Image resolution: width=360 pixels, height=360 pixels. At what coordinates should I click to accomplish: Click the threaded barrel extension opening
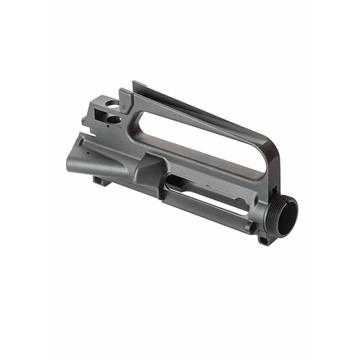click(x=287, y=215)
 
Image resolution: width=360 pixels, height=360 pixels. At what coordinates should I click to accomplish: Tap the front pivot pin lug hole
click(x=264, y=239)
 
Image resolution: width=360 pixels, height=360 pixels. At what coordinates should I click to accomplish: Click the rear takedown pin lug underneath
click(x=99, y=181)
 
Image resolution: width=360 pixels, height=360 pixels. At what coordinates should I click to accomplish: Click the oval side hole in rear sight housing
click(x=114, y=120)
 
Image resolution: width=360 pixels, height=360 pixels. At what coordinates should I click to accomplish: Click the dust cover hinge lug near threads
click(x=251, y=226)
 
